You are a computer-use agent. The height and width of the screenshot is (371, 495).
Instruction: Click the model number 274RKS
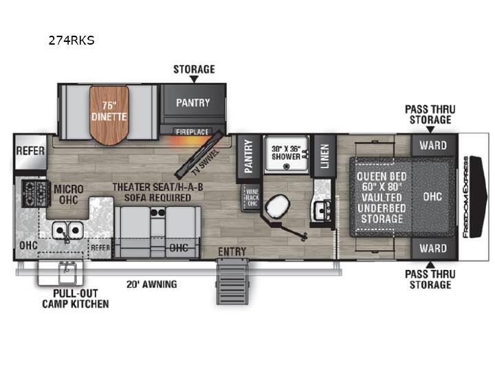click(x=71, y=41)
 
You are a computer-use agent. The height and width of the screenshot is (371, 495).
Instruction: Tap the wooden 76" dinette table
click(x=109, y=115)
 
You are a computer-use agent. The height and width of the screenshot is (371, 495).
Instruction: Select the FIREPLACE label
click(x=192, y=132)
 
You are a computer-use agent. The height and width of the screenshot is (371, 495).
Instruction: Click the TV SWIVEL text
click(x=206, y=163)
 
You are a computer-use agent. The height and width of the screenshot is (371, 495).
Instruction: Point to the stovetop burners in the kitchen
click(x=36, y=194)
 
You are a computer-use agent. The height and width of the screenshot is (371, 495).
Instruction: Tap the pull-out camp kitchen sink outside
click(x=67, y=273)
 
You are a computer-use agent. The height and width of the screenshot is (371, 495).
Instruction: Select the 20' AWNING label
click(x=151, y=284)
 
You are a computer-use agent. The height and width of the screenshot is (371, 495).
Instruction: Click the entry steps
click(x=232, y=281)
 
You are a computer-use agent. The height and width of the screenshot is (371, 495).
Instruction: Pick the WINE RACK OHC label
click(x=252, y=197)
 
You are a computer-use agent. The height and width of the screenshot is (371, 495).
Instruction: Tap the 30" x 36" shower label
click(x=286, y=153)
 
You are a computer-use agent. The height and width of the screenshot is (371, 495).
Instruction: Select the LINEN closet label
click(x=324, y=156)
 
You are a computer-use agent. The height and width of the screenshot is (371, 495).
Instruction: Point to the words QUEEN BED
click(x=382, y=177)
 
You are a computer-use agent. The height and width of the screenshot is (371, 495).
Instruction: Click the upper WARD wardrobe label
click(x=433, y=146)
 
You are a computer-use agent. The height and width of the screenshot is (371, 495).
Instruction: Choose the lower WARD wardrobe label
click(x=433, y=248)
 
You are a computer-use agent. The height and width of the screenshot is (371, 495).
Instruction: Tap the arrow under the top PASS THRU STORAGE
click(x=430, y=129)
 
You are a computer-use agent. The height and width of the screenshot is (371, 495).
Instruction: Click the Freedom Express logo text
click(x=465, y=197)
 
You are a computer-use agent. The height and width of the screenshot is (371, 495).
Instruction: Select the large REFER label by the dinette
click(x=30, y=150)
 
